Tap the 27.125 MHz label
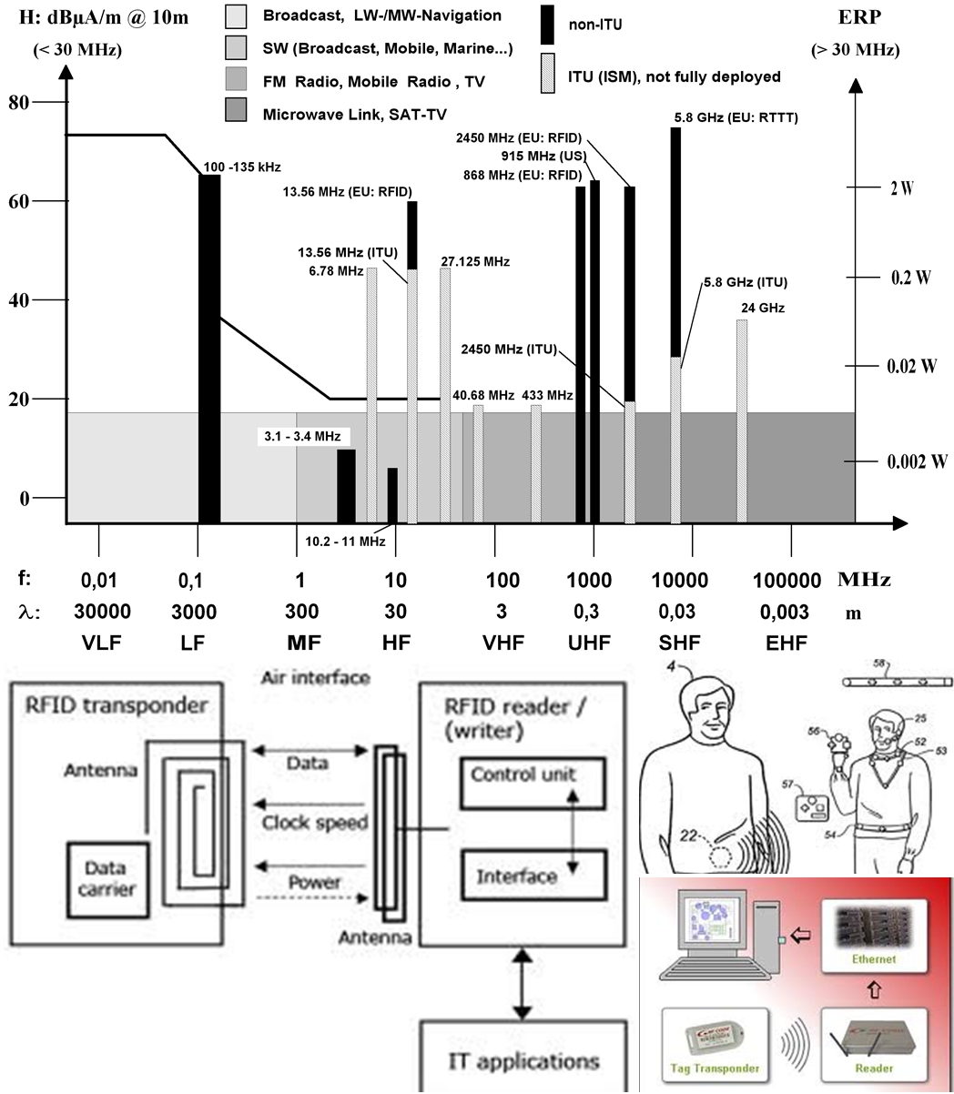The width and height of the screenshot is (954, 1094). [474, 262]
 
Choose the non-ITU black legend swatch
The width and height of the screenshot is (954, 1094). [546, 25]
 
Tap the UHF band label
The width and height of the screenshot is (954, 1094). [590, 643]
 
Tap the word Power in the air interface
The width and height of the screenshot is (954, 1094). [314, 881]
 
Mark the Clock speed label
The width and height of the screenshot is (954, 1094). [315, 823]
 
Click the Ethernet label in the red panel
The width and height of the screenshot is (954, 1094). [874, 959]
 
